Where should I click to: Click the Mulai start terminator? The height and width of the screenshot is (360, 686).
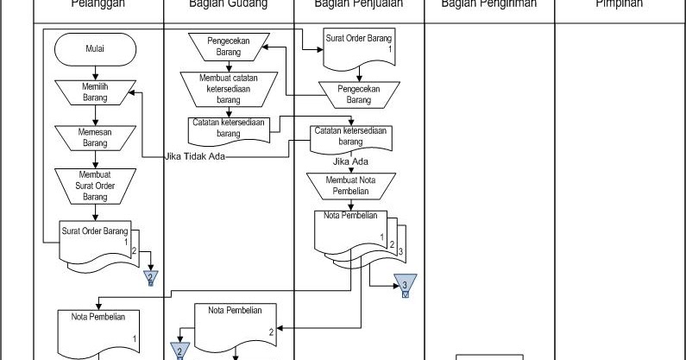point(95,49)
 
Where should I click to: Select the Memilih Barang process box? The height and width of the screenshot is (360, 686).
point(95,92)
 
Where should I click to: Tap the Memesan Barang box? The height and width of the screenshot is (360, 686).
point(95,137)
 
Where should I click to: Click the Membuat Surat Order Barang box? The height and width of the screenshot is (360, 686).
point(95,183)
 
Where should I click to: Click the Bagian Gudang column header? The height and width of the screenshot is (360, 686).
point(229,4)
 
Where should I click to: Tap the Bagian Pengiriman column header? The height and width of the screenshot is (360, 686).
point(488,4)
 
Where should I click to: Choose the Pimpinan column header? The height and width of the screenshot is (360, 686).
point(619,4)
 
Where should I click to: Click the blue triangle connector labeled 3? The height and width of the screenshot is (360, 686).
point(405,285)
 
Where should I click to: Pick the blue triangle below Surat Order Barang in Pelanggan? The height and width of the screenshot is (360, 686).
point(151,277)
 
